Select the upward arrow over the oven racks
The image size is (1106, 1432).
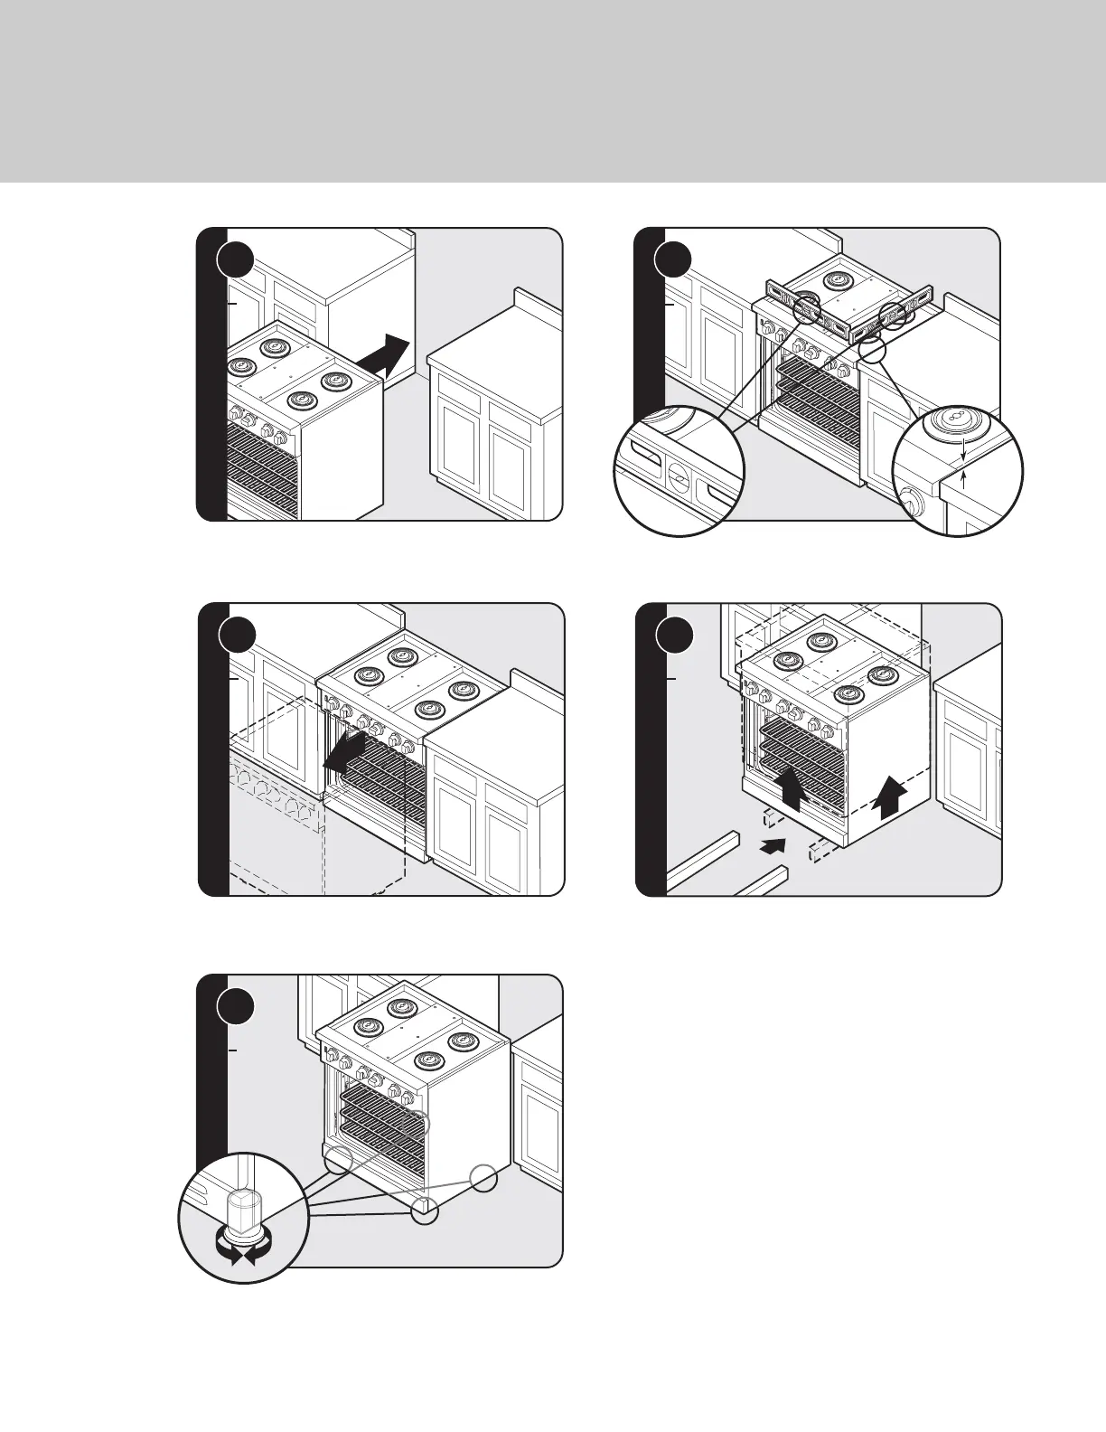tap(792, 786)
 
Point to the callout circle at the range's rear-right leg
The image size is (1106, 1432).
tap(483, 1178)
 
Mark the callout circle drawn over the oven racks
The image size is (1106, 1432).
tap(417, 1125)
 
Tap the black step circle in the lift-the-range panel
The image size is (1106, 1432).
tap(674, 635)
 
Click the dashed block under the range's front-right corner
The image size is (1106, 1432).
tap(821, 851)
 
